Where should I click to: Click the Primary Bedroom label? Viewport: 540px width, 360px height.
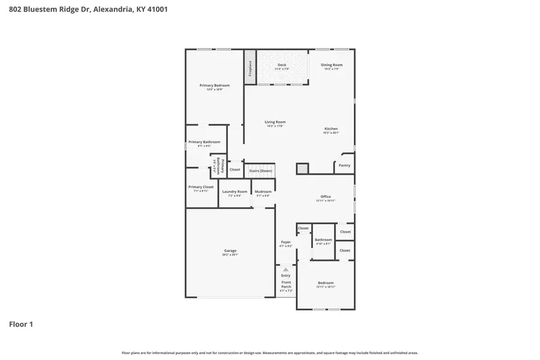click(214, 86)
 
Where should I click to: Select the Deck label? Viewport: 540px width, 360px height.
click(281, 65)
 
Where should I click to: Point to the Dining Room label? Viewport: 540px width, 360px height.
click(331, 65)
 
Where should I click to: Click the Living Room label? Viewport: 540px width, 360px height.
click(275, 122)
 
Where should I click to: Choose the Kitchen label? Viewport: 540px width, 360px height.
click(331, 129)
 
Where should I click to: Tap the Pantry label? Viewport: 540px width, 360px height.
click(344, 165)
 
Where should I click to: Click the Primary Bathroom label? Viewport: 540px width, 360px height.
click(204, 142)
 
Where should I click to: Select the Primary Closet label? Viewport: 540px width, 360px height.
click(200, 187)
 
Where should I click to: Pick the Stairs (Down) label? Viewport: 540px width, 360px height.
click(261, 170)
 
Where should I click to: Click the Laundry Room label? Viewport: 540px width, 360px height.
click(235, 192)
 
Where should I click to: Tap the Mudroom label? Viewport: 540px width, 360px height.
click(263, 192)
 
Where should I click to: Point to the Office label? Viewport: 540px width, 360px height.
click(325, 197)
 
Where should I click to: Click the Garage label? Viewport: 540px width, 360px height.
click(230, 251)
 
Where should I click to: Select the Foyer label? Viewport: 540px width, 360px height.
click(286, 242)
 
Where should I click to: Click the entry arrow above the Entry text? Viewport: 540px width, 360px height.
click(286, 269)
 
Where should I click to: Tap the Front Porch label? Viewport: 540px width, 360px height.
click(286, 284)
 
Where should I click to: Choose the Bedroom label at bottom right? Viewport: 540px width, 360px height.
click(325, 283)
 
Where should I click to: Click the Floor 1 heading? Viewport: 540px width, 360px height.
click(21, 325)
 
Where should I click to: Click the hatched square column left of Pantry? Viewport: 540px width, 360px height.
click(302, 169)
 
